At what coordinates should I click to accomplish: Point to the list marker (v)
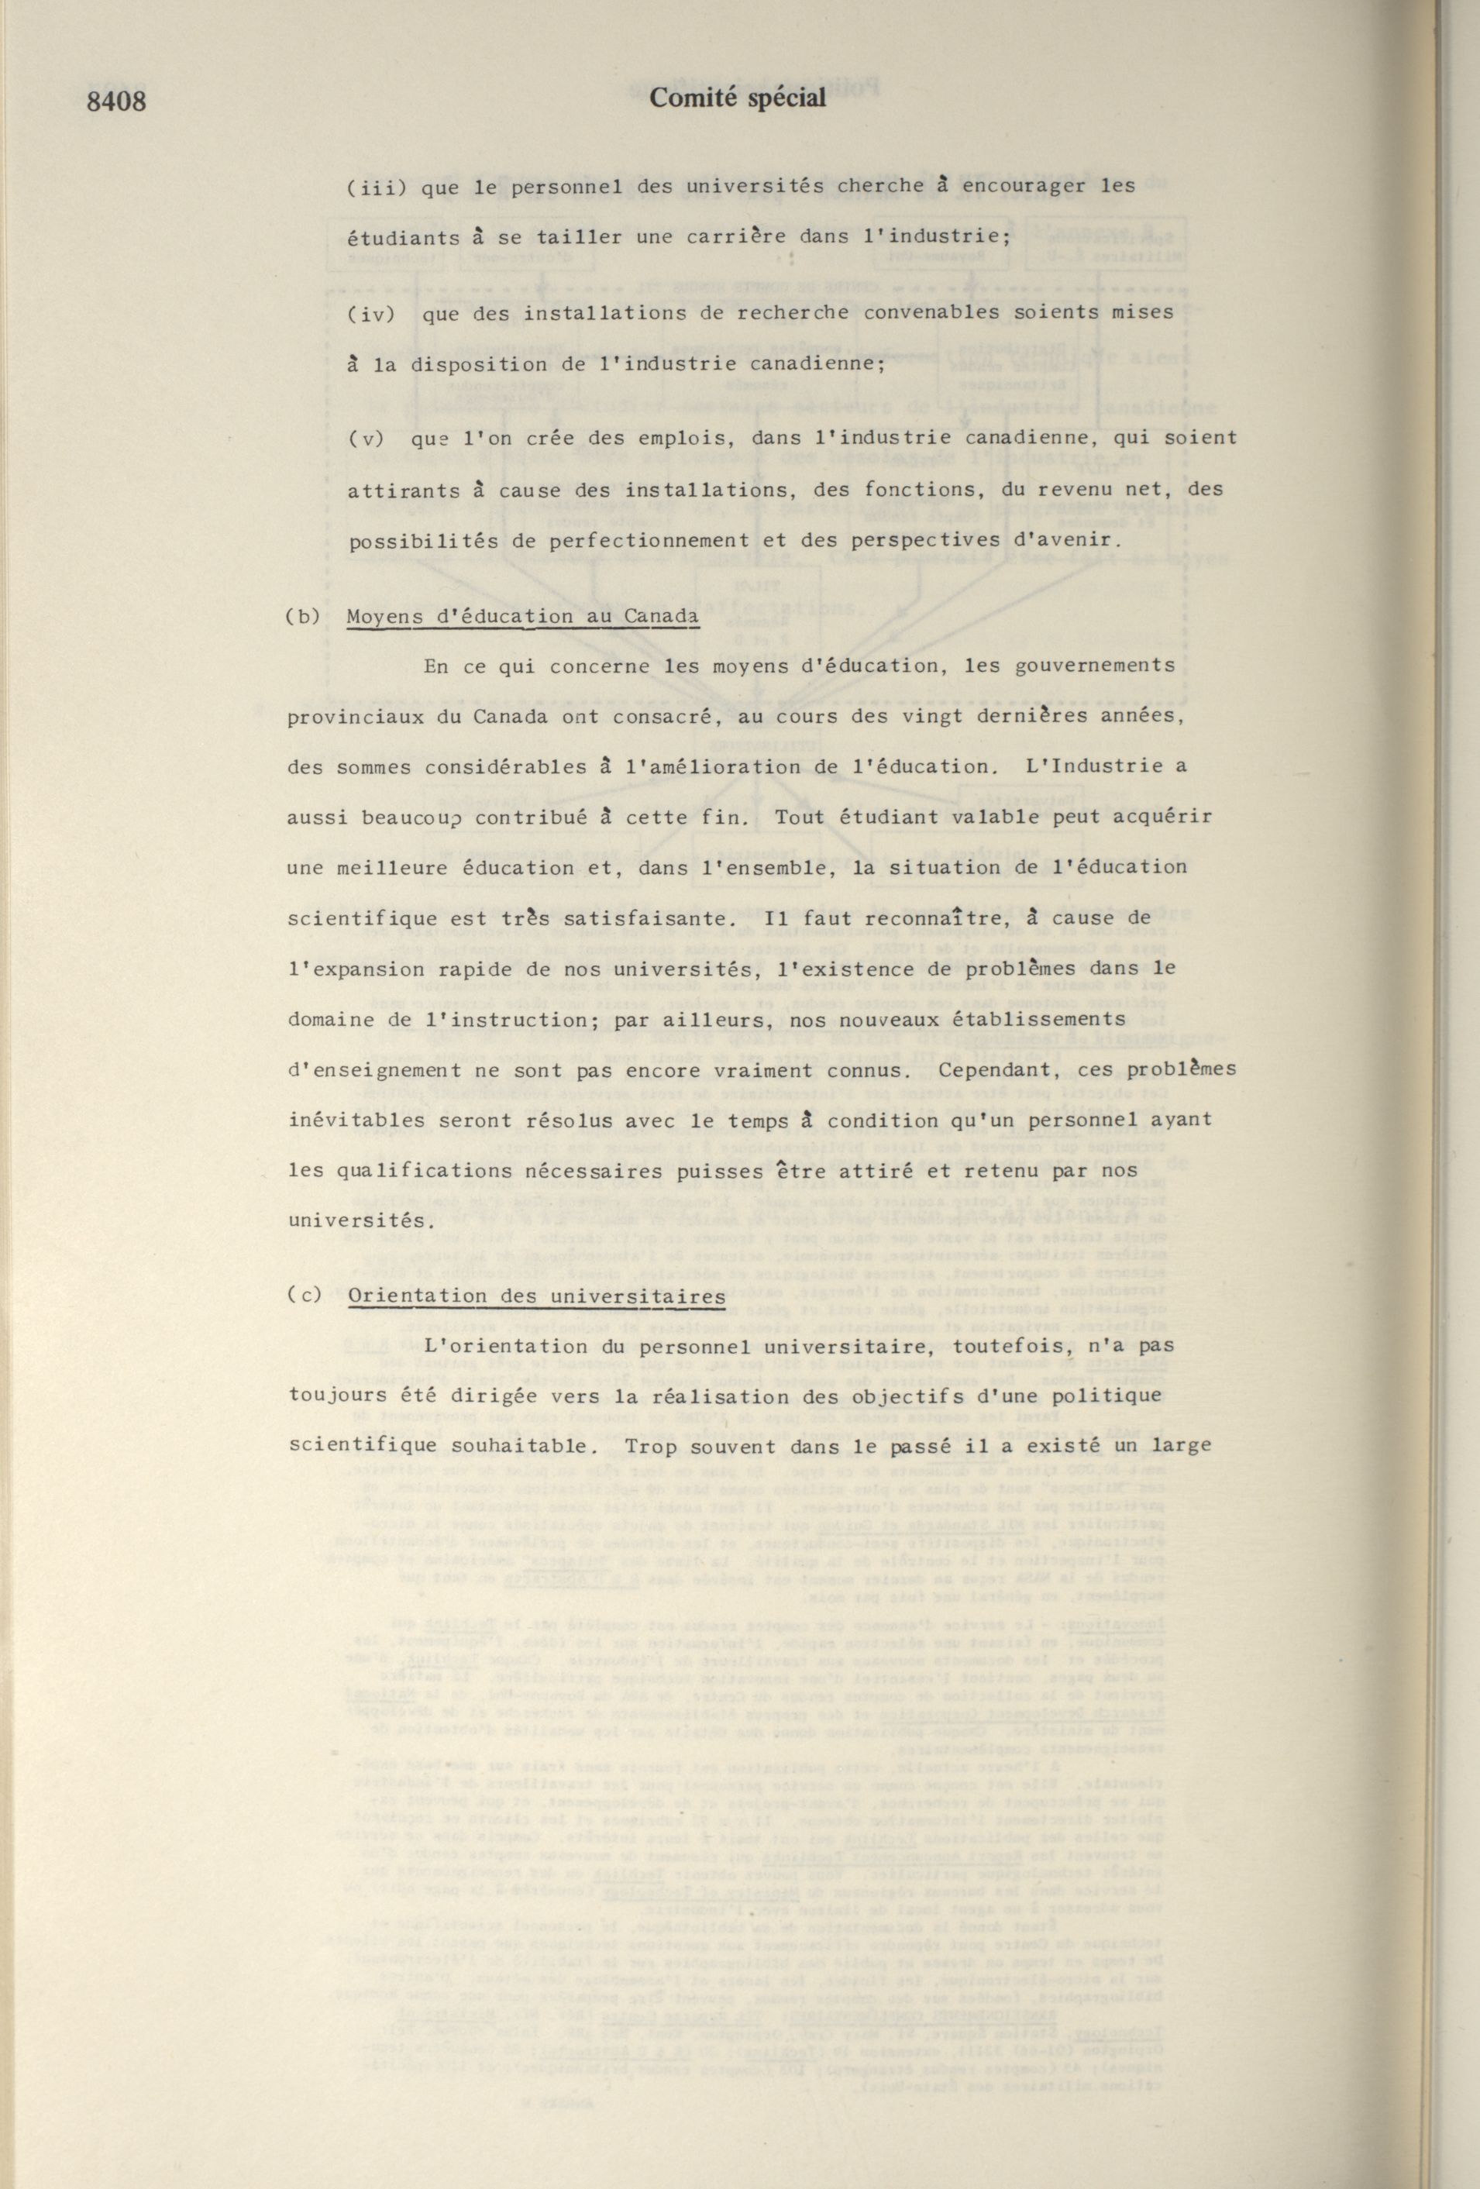pyautogui.click(x=366, y=439)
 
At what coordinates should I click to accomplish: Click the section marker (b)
pyautogui.click(x=302, y=617)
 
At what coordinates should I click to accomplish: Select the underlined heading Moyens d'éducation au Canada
pyautogui.click(x=523, y=617)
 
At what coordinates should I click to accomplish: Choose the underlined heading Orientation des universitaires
pyautogui.click(x=535, y=1296)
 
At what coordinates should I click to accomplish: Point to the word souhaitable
pyautogui.click(x=498, y=1447)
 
